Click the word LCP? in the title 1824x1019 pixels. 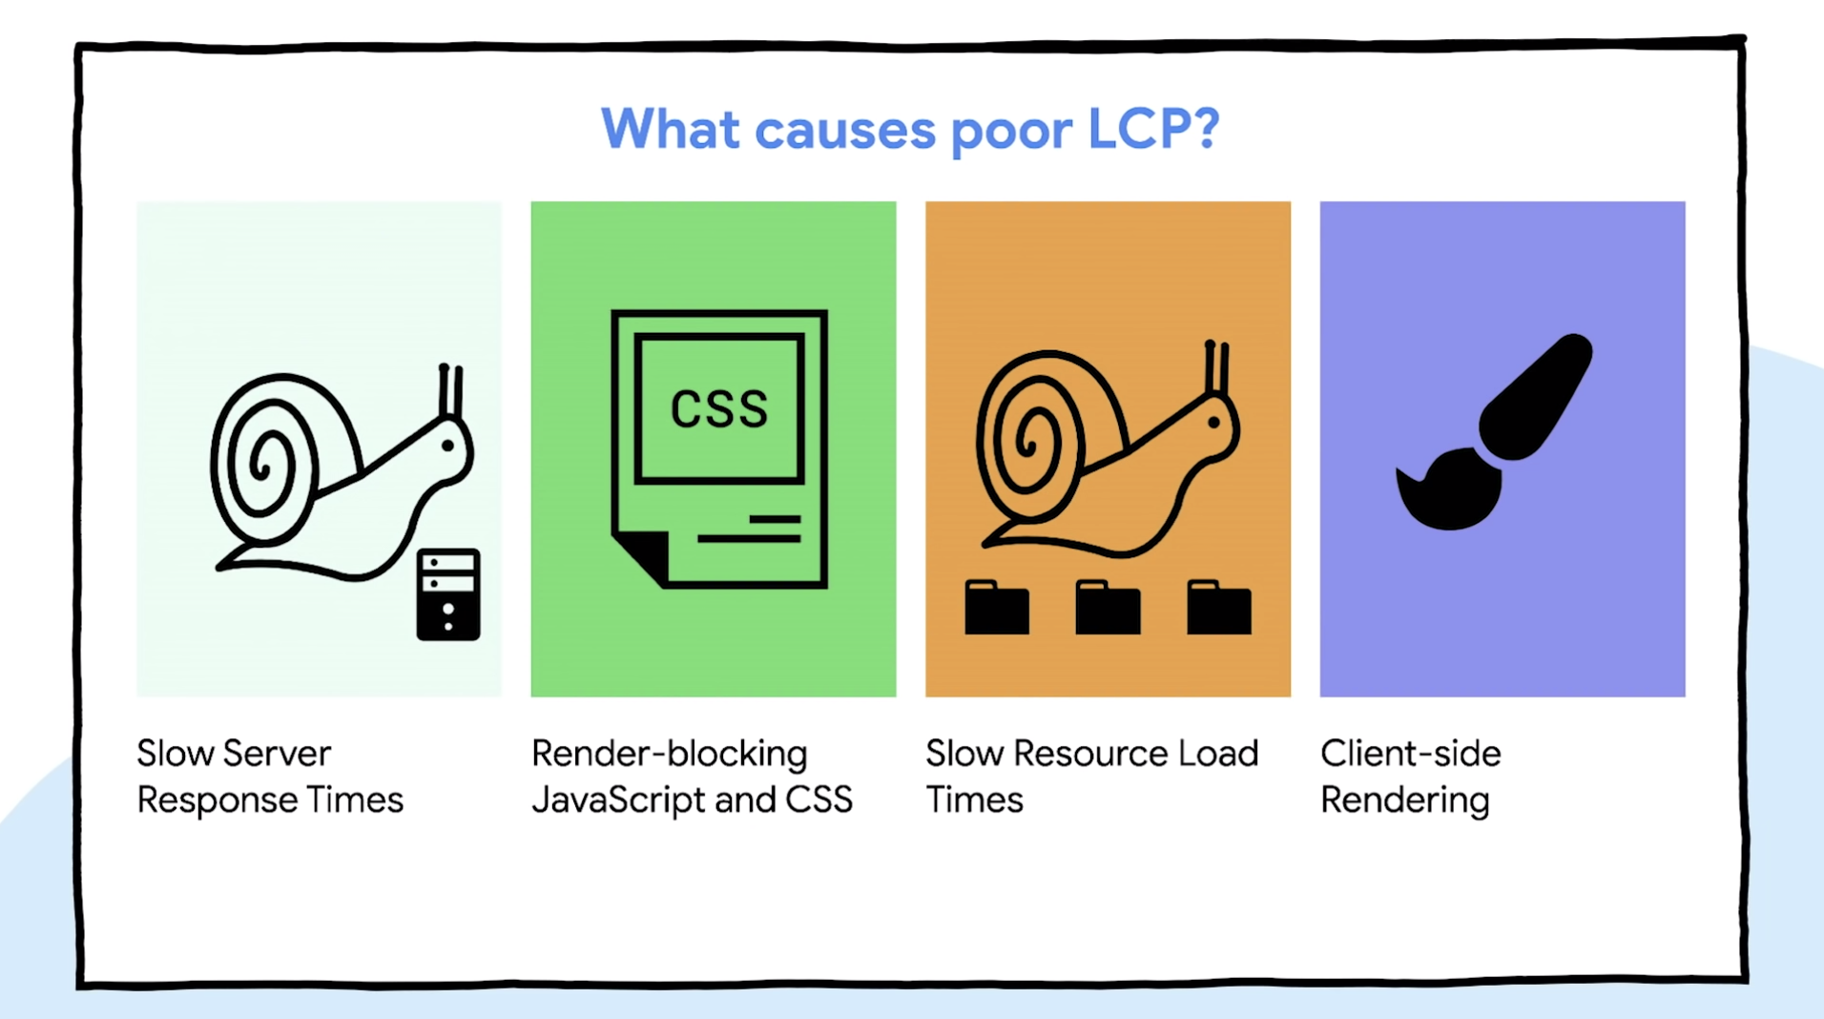tap(1152, 129)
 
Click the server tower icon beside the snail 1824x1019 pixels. tap(448, 593)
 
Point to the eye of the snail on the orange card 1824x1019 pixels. tap(1213, 422)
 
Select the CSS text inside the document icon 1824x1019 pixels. tap(718, 410)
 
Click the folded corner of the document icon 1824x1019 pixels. tap(642, 555)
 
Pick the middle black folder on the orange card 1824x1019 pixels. tap(1108, 608)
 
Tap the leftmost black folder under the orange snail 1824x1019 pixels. tap(997, 608)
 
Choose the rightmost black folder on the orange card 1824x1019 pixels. tap(1219, 608)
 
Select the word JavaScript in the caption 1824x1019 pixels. tap(618, 801)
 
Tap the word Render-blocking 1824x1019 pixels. tap(669, 754)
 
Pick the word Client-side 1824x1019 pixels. tap(1410, 754)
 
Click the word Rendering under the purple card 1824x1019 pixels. tap(1404, 801)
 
